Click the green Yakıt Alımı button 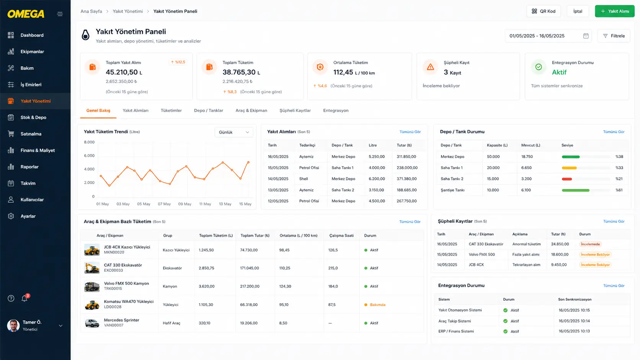pyautogui.click(x=614, y=11)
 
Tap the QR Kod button pyautogui.click(x=544, y=11)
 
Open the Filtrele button pyautogui.click(x=614, y=36)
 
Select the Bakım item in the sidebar pyautogui.click(x=27, y=68)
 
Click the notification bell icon pyautogui.click(x=24, y=298)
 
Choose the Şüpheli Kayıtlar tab pyautogui.click(x=295, y=111)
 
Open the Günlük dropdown pyautogui.click(x=234, y=132)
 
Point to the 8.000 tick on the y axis pyautogui.click(x=89, y=142)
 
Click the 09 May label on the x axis pyautogui.click(x=184, y=204)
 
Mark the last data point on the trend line pyautogui.click(x=248, y=162)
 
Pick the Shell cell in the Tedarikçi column pyautogui.click(x=304, y=179)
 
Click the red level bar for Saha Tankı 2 pyautogui.click(x=567, y=179)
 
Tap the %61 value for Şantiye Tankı pyautogui.click(x=619, y=190)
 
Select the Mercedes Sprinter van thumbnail pyautogui.click(x=92, y=323)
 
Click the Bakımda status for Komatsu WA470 pyautogui.click(x=377, y=305)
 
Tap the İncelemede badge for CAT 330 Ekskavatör pyautogui.click(x=590, y=244)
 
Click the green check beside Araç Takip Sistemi pyautogui.click(x=505, y=321)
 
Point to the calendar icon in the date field pyautogui.click(x=586, y=36)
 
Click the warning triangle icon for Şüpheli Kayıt pyautogui.click(x=430, y=67)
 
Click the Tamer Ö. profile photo pyautogui.click(x=13, y=326)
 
